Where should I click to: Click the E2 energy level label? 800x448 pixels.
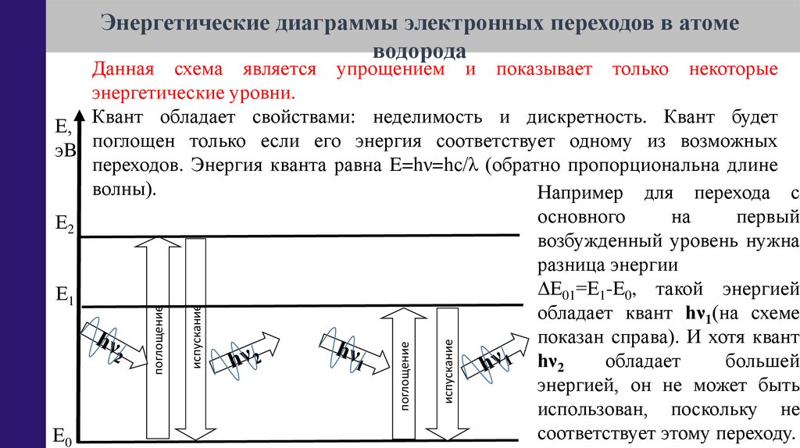coord(64,225)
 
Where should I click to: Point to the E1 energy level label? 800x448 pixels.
coord(64,295)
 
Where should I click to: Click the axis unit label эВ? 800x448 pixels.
coord(65,151)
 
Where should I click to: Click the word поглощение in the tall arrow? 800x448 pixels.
coord(159,342)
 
